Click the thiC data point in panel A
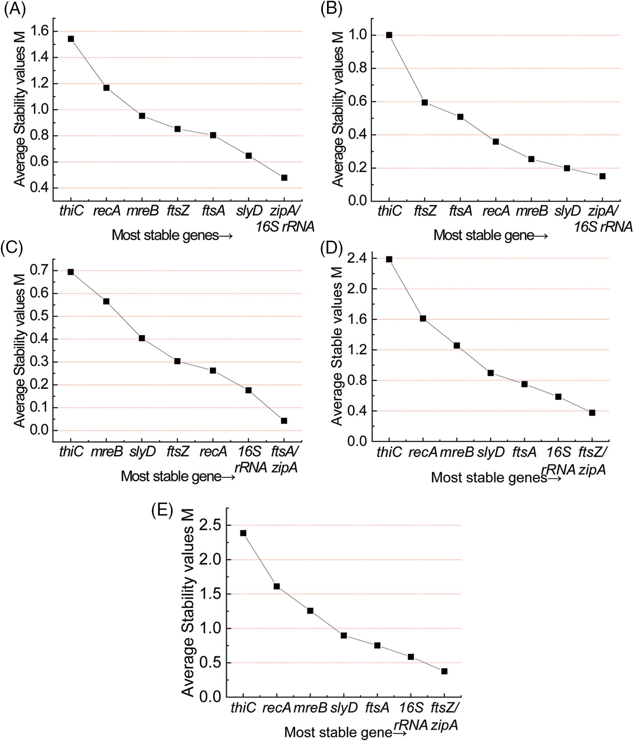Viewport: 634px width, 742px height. click(x=71, y=39)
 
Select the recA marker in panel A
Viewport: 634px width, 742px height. click(x=106, y=88)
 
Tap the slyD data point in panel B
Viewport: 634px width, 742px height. click(x=567, y=168)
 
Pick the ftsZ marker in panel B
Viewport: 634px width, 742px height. click(x=425, y=102)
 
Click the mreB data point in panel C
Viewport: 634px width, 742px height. click(x=106, y=301)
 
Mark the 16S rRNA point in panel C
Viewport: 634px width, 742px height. click(x=249, y=390)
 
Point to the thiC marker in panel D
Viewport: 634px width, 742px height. click(x=389, y=259)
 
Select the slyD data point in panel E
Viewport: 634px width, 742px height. click(x=344, y=635)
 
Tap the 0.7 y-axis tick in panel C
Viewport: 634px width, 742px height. click(x=39, y=271)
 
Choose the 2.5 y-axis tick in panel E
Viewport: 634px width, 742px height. click(x=212, y=525)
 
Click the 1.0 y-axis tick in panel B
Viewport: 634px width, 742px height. click(x=357, y=35)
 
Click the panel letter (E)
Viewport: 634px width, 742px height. click(x=162, y=511)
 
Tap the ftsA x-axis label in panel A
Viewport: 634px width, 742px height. click(x=213, y=211)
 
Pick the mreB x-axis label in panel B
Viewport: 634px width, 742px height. click(x=531, y=211)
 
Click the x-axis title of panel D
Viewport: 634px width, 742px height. click(x=496, y=477)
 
